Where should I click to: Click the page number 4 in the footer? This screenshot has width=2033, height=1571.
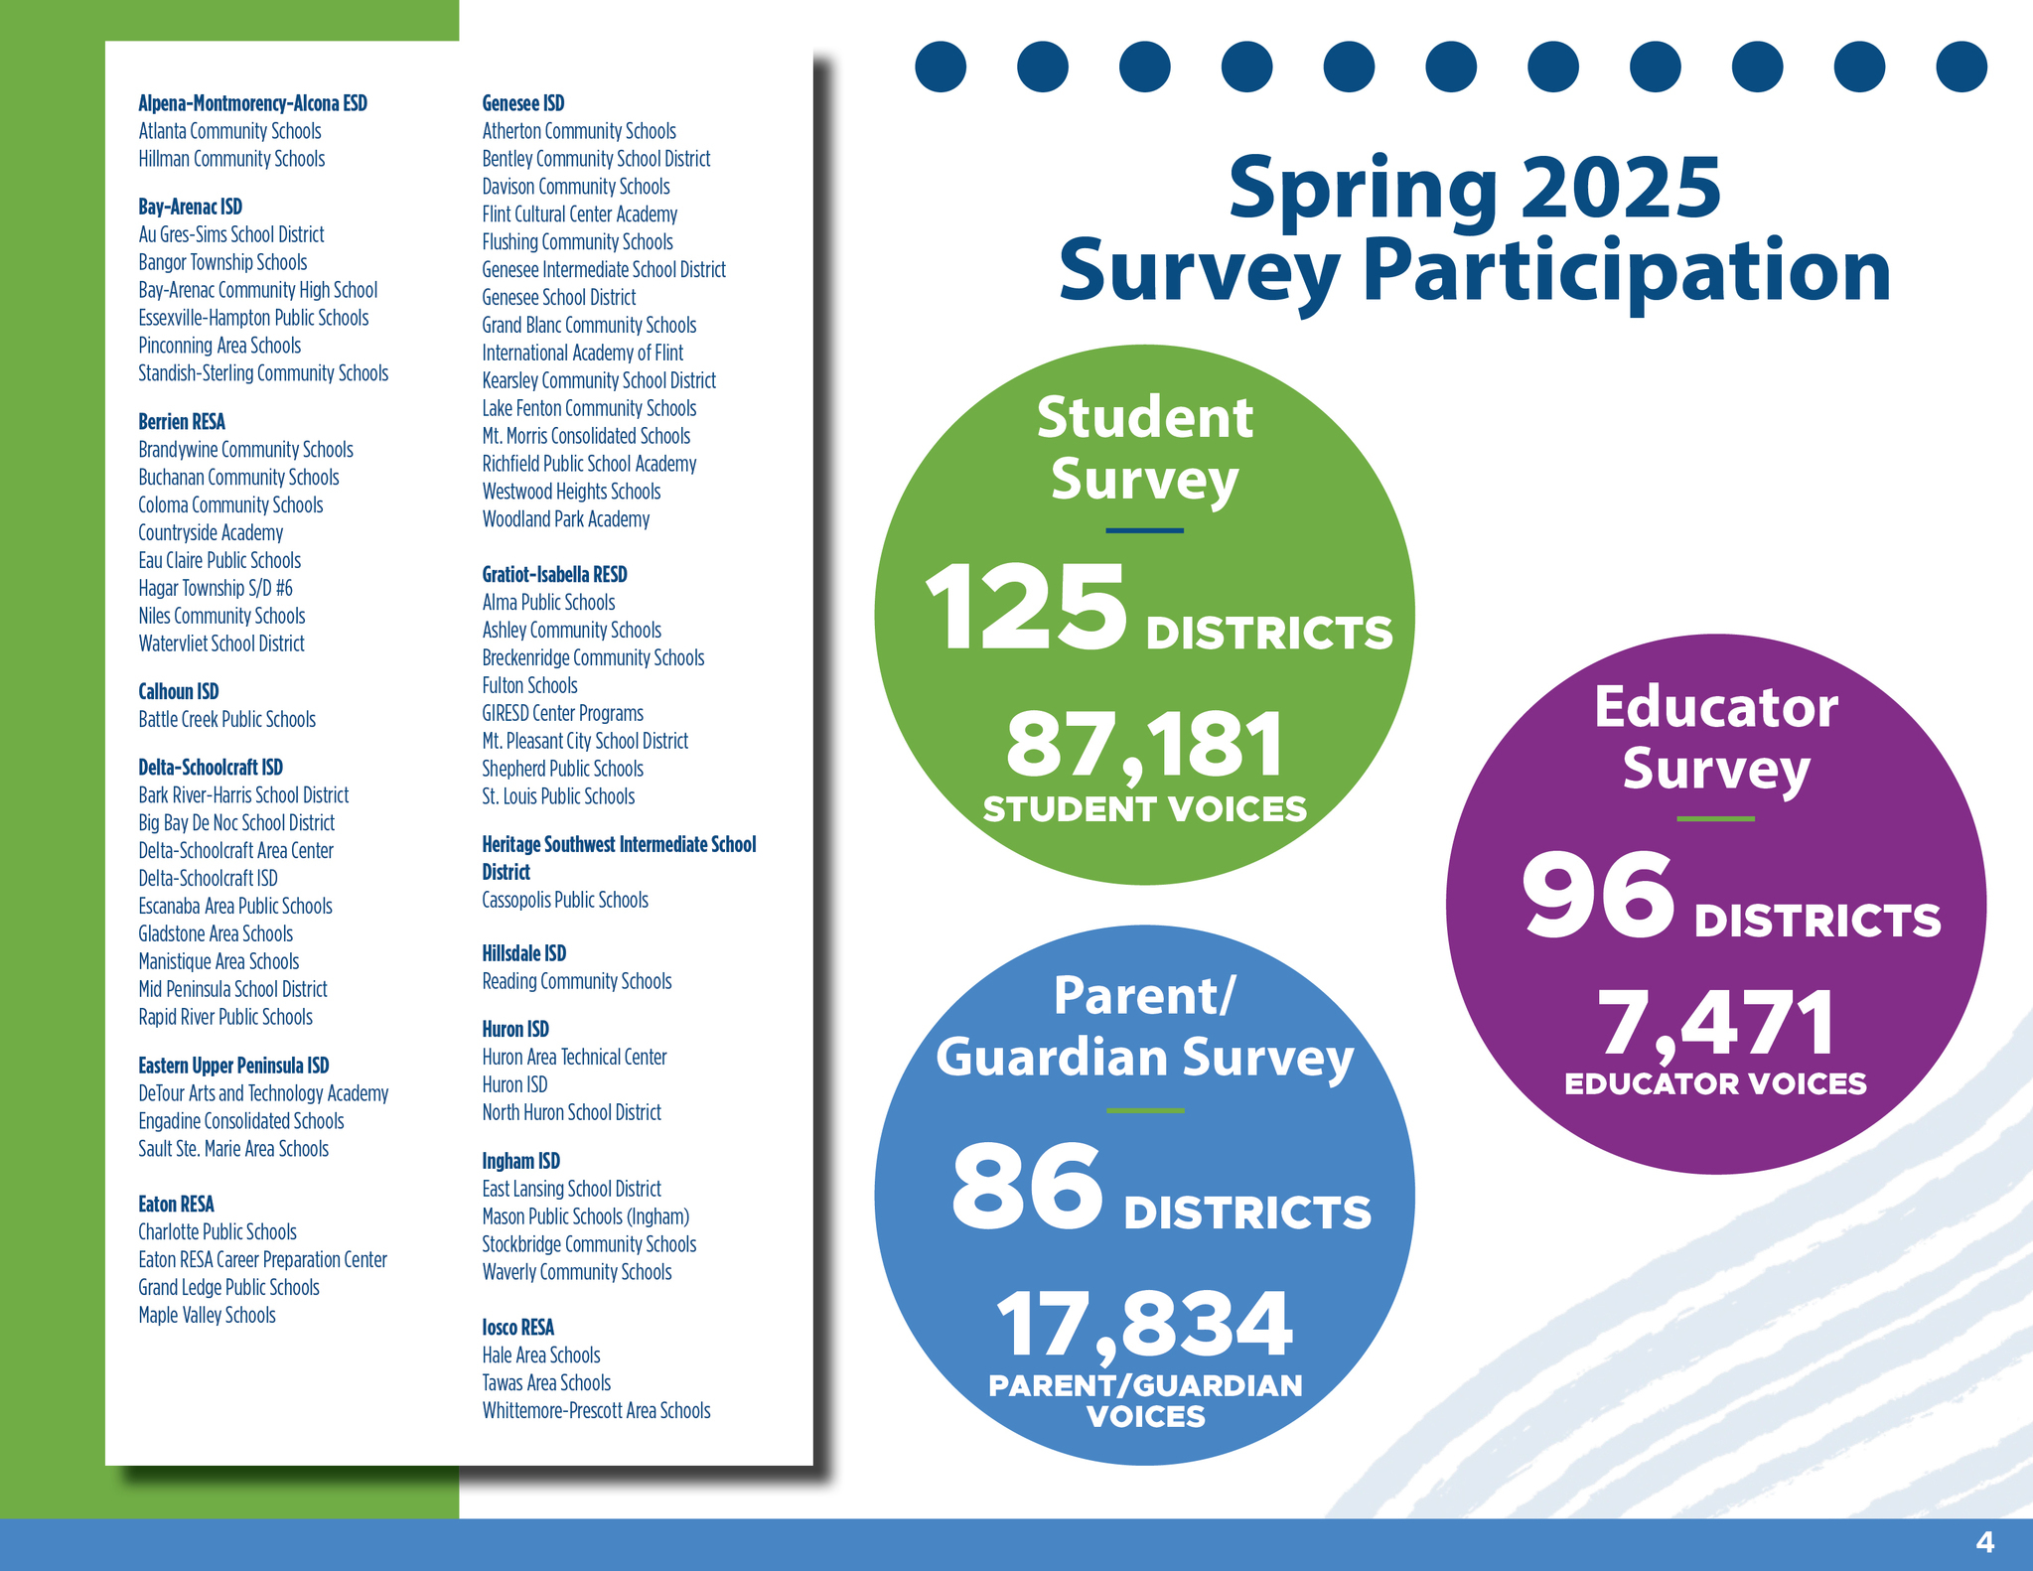pos(1984,1542)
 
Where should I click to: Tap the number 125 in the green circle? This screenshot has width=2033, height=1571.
pos(1026,608)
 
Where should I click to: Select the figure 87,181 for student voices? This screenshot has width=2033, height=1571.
pos(1144,745)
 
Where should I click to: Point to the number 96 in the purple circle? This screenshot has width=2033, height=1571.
pos(1597,896)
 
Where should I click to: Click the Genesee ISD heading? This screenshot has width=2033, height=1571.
pos(522,103)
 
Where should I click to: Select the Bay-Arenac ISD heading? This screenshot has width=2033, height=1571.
pos(190,207)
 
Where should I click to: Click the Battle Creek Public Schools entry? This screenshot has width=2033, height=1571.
pos(226,719)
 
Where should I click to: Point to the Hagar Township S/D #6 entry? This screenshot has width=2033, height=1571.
pos(216,588)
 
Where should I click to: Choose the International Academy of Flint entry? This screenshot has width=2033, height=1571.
pos(582,353)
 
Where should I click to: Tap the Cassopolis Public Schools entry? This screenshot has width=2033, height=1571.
pos(564,900)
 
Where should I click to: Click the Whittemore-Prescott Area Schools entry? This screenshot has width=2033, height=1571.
pos(596,1410)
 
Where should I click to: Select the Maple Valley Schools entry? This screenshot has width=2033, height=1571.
pos(207,1315)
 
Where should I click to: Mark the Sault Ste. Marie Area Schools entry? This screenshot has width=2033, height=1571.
pos(233,1149)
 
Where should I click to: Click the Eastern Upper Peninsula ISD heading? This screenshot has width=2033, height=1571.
pos(233,1066)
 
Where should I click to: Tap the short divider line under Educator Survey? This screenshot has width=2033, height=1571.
pos(1715,819)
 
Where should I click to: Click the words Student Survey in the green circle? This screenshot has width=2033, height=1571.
pos(1144,448)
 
